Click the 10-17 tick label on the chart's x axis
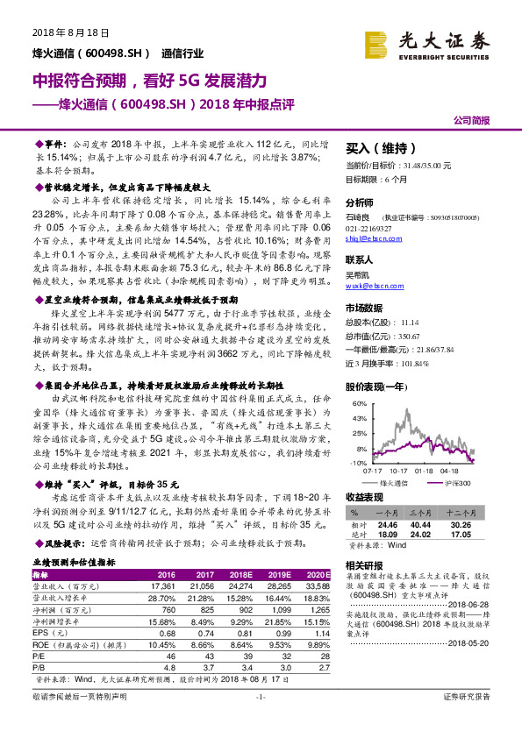(x=396, y=471)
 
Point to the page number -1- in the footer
(x=260, y=720)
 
